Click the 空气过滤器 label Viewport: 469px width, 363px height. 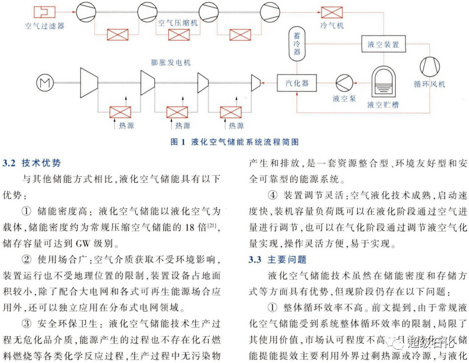tap(44, 26)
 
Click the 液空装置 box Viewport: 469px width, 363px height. tap(383, 44)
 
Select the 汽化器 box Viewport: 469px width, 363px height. tap(297, 83)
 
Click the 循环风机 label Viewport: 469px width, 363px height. tap(433, 84)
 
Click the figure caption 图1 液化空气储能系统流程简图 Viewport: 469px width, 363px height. tap(234, 141)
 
